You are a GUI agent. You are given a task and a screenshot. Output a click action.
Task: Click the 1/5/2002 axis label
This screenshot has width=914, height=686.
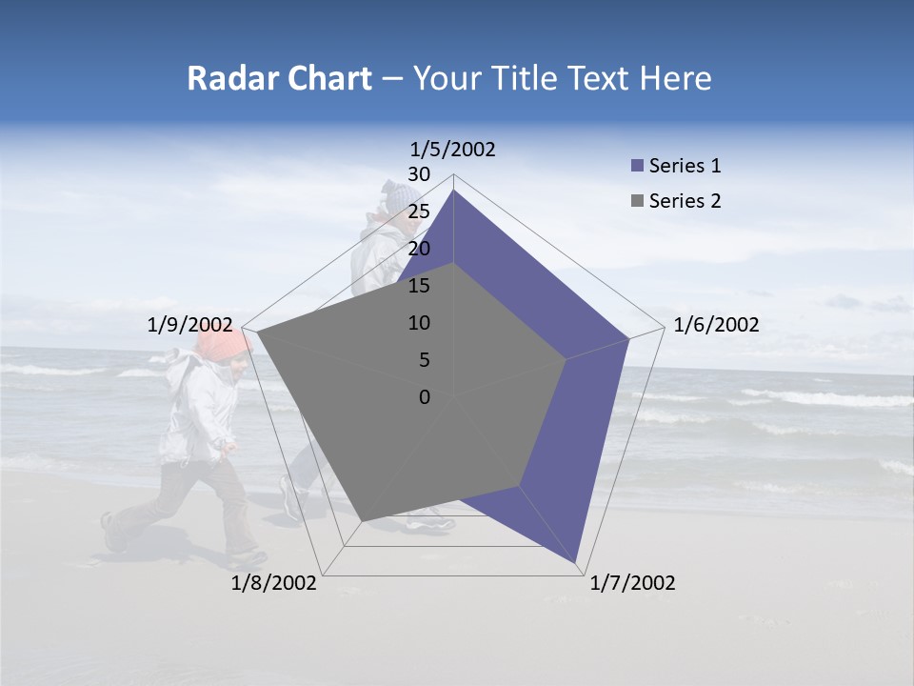(x=453, y=150)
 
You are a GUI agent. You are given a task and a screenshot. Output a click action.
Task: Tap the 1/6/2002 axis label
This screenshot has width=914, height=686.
(x=716, y=325)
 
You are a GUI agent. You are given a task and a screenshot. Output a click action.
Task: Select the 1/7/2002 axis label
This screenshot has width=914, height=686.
(x=632, y=583)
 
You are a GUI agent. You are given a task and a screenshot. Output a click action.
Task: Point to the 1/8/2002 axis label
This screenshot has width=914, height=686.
(x=274, y=583)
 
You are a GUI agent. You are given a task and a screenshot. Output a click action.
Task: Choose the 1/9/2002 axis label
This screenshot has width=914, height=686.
(x=190, y=325)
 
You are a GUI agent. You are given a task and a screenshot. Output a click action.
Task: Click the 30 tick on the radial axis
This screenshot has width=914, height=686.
(x=419, y=174)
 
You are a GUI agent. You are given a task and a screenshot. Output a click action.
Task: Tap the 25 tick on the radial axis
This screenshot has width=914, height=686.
(x=419, y=212)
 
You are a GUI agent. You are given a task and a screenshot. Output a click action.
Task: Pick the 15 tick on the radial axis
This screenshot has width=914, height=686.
(x=419, y=286)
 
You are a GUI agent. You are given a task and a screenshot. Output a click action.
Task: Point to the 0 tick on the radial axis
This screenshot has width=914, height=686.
(x=425, y=397)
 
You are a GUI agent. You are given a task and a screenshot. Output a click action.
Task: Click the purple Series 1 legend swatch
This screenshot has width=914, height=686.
(x=638, y=167)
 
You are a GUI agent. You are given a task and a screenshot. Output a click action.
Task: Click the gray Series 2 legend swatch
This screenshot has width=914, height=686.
(x=638, y=201)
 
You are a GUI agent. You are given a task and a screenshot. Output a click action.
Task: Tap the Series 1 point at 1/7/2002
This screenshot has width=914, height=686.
(x=577, y=563)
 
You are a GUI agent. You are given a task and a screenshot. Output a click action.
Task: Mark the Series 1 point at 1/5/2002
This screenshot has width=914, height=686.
(x=454, y=191)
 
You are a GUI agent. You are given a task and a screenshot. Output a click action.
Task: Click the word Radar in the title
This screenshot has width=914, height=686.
(x=226, y=79)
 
